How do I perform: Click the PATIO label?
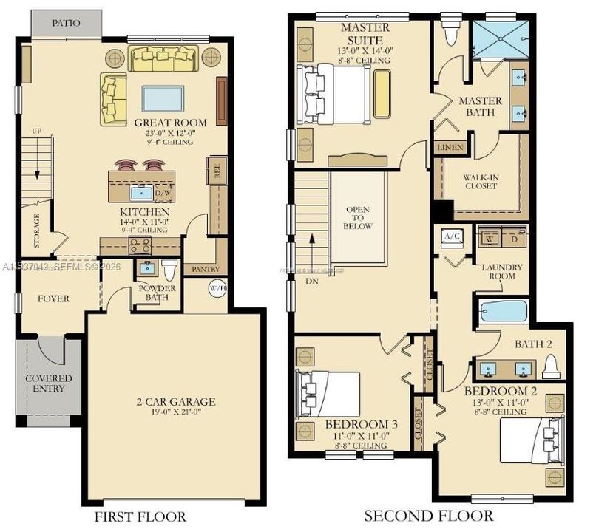pos(66,23)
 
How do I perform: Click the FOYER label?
pos(53,299)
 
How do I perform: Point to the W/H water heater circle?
pos(217,288)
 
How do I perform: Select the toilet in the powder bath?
pos(169,268)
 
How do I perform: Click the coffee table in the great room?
pos(163,98)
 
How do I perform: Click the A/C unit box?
pos(451,236)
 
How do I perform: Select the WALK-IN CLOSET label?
pos(480,182)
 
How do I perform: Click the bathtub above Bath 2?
pos(502,311)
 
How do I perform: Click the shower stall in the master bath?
pos(501,38)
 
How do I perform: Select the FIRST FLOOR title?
pos(140,516)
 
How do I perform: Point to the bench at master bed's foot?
pos(382,94)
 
